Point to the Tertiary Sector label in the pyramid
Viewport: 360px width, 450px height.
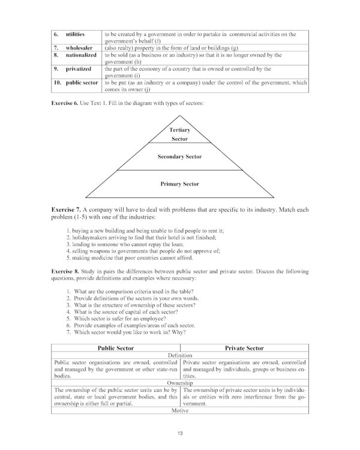click(179, 134)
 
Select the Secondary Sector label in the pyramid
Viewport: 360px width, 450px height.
click(179, 157)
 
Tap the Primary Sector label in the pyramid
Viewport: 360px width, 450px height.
click(179, 184)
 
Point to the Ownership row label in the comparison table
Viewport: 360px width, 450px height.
click(179, 382)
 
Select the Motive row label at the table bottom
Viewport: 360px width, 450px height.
click(179, 411)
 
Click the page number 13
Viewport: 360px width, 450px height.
click(180, 433)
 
